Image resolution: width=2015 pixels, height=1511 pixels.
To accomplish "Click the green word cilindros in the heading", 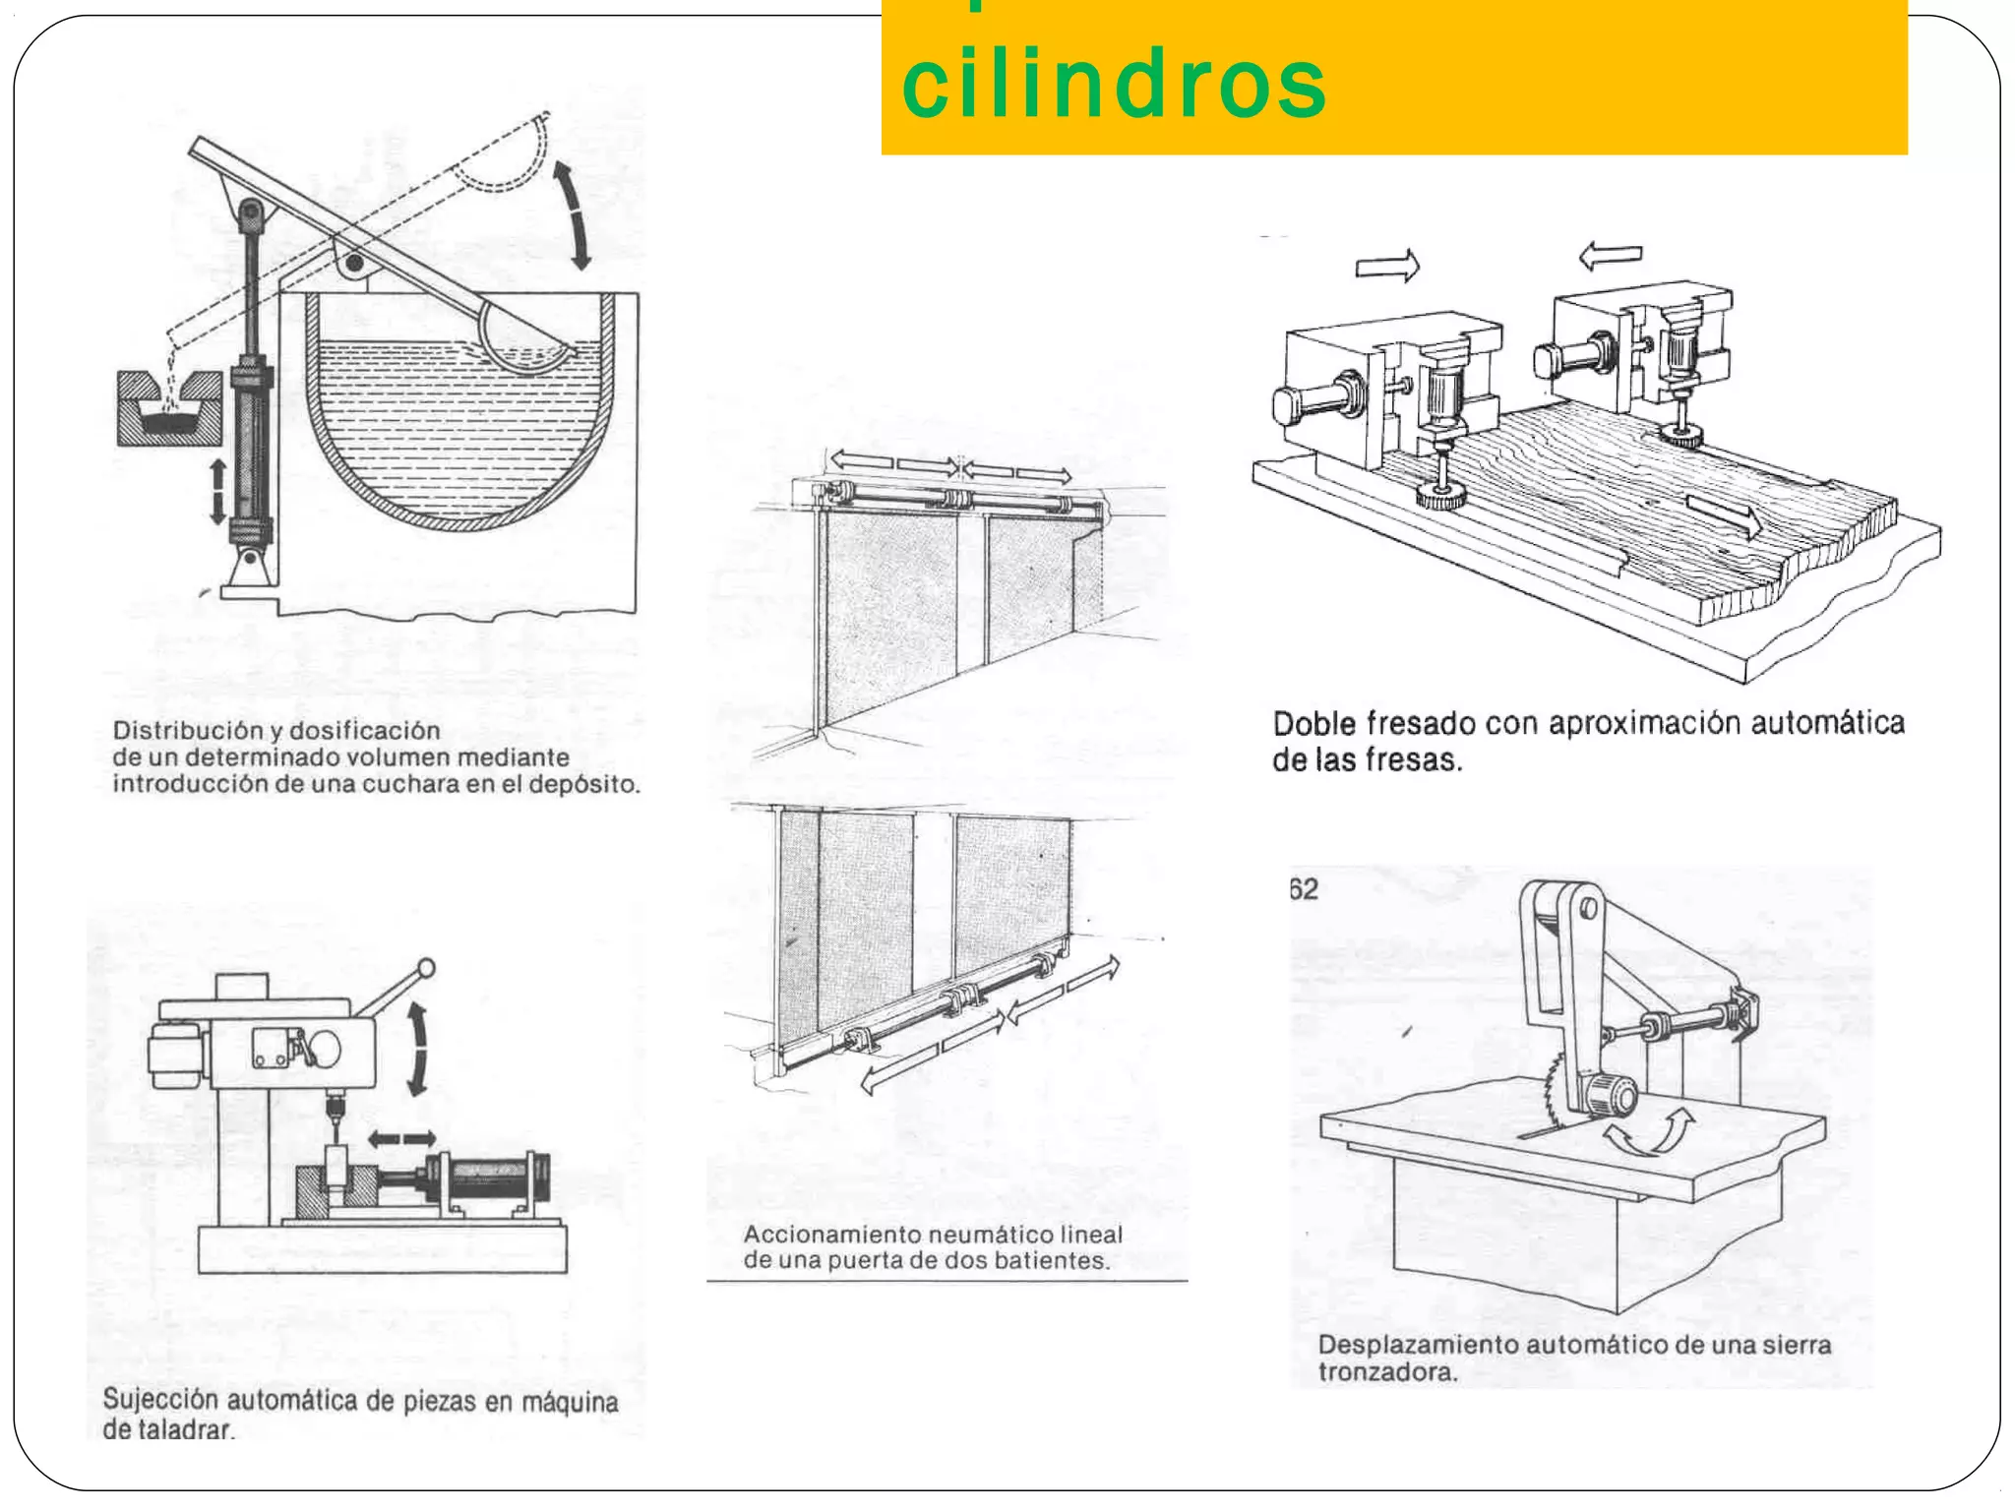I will point(1114,84).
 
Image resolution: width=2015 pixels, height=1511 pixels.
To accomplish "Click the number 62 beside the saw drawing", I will point(1304,889).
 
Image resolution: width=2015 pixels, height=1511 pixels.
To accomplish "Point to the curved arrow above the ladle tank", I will point(572,215).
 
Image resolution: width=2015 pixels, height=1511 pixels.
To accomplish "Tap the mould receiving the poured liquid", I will point(167,412).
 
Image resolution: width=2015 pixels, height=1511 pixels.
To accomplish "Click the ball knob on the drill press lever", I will point(426,968).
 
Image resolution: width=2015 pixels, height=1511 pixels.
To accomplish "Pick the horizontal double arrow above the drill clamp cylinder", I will point(401,1139).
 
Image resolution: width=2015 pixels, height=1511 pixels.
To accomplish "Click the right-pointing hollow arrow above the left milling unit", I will point(1387,266).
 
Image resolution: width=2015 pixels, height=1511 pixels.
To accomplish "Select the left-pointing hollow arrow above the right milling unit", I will point(1611,257).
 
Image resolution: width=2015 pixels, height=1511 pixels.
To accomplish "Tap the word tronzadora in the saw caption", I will point(1386,1372).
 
